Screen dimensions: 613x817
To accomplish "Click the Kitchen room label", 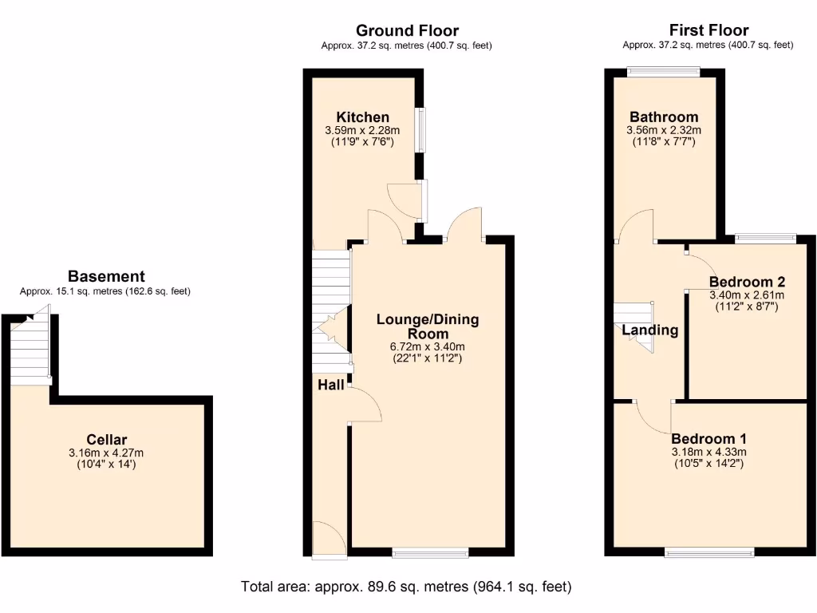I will (x=362, y=117).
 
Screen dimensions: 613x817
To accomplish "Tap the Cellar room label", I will (x=107, y=440).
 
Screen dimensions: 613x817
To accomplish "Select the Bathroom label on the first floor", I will (x=663, y=117).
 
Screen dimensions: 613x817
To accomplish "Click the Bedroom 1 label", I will (x=708, y=439).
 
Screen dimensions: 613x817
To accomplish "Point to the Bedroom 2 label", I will (x=747, y=282).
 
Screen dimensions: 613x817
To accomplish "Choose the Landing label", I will (x=649, y=330).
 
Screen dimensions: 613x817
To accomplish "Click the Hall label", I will (x=331, y=385).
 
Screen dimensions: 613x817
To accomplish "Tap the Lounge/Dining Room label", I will (x=428, y=326).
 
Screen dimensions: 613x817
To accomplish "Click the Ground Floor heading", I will (x=407, y=31).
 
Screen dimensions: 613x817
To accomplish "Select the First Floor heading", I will (x=708, y=30).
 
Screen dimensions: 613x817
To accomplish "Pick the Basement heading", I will (x=106, y=277).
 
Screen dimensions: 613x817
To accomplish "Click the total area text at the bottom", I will (x=406, y=587).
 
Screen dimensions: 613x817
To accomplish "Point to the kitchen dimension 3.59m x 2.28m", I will (x=362, y=131).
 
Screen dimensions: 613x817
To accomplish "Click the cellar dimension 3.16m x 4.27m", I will (x=107, y=453).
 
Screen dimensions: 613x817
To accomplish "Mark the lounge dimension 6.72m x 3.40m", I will (x=428, y=346).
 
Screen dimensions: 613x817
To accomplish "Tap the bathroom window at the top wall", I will (x=664, y=72).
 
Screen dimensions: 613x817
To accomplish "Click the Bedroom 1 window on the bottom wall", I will (x=709, y=552).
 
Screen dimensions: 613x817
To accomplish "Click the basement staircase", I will (x=30, y=351).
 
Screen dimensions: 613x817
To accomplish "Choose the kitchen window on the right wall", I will (x=420, y=129).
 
